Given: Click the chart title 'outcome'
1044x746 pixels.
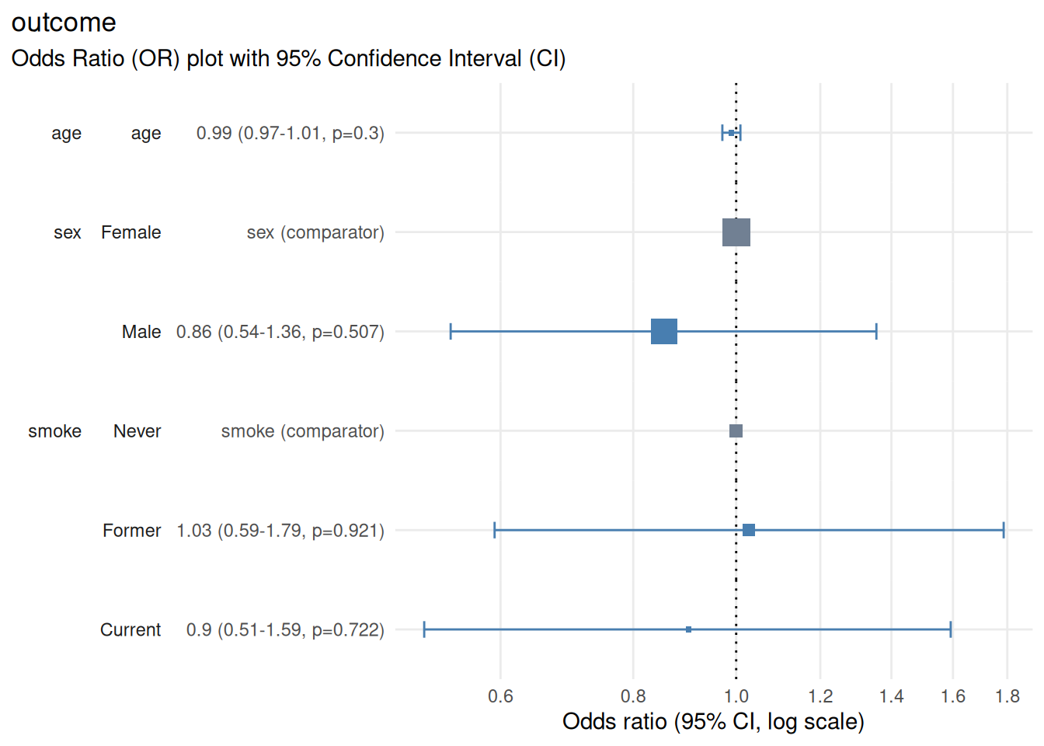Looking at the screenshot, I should point(64,23).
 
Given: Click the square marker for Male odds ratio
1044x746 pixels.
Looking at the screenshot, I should point(664,332).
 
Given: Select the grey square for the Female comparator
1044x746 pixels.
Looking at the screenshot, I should point(736,232).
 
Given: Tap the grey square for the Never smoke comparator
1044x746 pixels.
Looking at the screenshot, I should point(736,431).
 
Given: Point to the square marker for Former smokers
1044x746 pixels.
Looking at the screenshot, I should point(749,530).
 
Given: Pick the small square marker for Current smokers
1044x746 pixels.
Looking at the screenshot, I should point(689,629).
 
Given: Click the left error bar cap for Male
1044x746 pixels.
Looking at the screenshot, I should point(451,332).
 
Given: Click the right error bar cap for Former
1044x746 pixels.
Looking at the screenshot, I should point(1004,530).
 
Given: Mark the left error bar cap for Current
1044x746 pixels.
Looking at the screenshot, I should point(424,629).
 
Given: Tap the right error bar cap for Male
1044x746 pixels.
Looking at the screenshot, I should point(876,332).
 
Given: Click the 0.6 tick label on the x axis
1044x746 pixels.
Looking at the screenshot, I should point(500,696).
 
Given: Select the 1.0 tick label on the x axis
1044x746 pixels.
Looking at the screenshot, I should point(736,696).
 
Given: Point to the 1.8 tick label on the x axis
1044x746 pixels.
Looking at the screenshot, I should point(1007,696).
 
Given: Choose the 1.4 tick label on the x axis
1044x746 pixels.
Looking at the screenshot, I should point(891,696).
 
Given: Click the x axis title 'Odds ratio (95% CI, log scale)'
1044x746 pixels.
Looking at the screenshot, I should point(713,722).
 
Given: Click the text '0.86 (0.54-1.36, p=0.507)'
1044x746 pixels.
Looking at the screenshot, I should point(280,332).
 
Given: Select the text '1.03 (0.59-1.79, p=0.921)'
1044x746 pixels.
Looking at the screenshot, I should point(280,531).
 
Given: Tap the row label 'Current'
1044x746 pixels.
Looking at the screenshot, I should point(130,630).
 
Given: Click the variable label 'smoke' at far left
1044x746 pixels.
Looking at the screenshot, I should point(54,431).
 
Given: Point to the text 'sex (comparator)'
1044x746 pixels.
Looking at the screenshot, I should point(315,232).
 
